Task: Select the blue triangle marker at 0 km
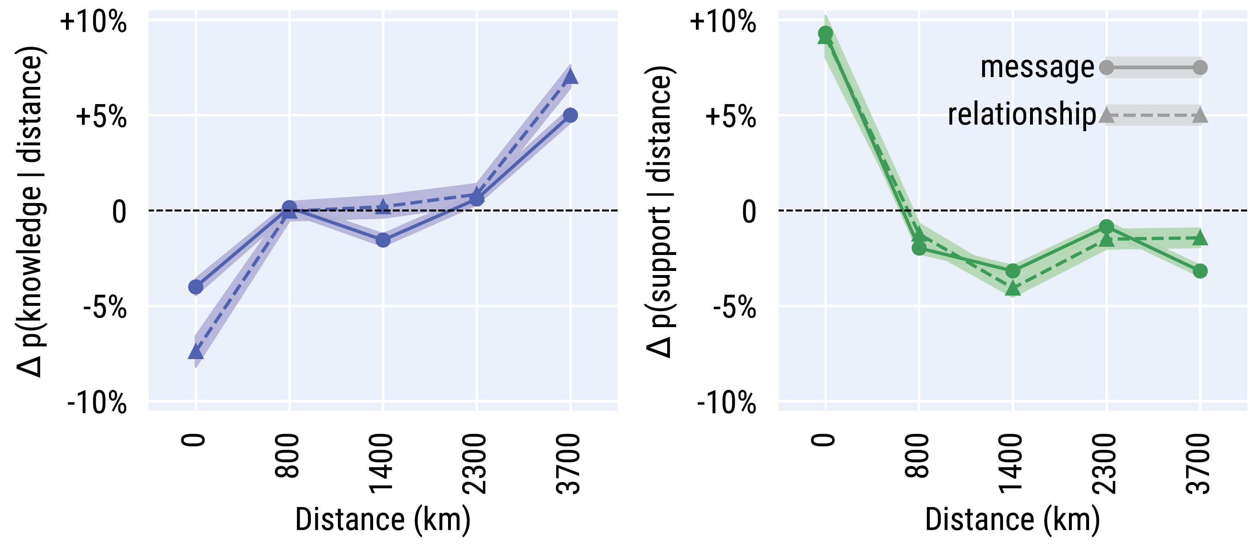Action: [195, 351]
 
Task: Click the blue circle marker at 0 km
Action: [195, 287]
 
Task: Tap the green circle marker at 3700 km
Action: [1200, 271]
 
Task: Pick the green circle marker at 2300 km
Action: [1107, 227]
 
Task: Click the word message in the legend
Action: [1037, 68]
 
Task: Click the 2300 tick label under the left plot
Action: [475, 464]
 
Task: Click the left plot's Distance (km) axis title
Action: [383, 520]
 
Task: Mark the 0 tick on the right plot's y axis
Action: [749, 212]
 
